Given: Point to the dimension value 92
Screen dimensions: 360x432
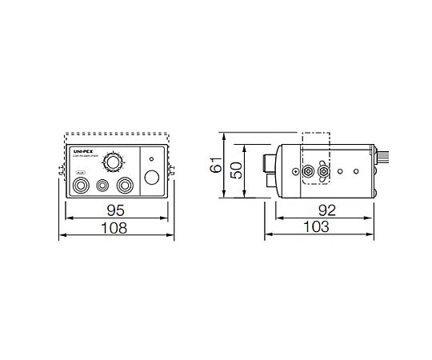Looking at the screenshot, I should point(326,210).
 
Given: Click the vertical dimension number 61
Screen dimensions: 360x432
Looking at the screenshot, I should point(214,166).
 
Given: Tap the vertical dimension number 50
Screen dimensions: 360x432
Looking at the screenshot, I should point(235,171).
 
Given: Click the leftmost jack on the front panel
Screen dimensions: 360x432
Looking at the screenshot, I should point(81,186).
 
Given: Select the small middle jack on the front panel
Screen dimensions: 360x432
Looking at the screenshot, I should point(102,186).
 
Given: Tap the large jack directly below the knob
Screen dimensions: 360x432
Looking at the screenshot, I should point(124,186).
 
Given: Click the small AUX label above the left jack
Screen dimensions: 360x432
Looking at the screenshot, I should point(79,173).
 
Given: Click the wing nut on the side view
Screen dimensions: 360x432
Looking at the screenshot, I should point(323,171).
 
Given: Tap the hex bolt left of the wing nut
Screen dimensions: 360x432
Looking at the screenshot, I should point(308,172).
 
